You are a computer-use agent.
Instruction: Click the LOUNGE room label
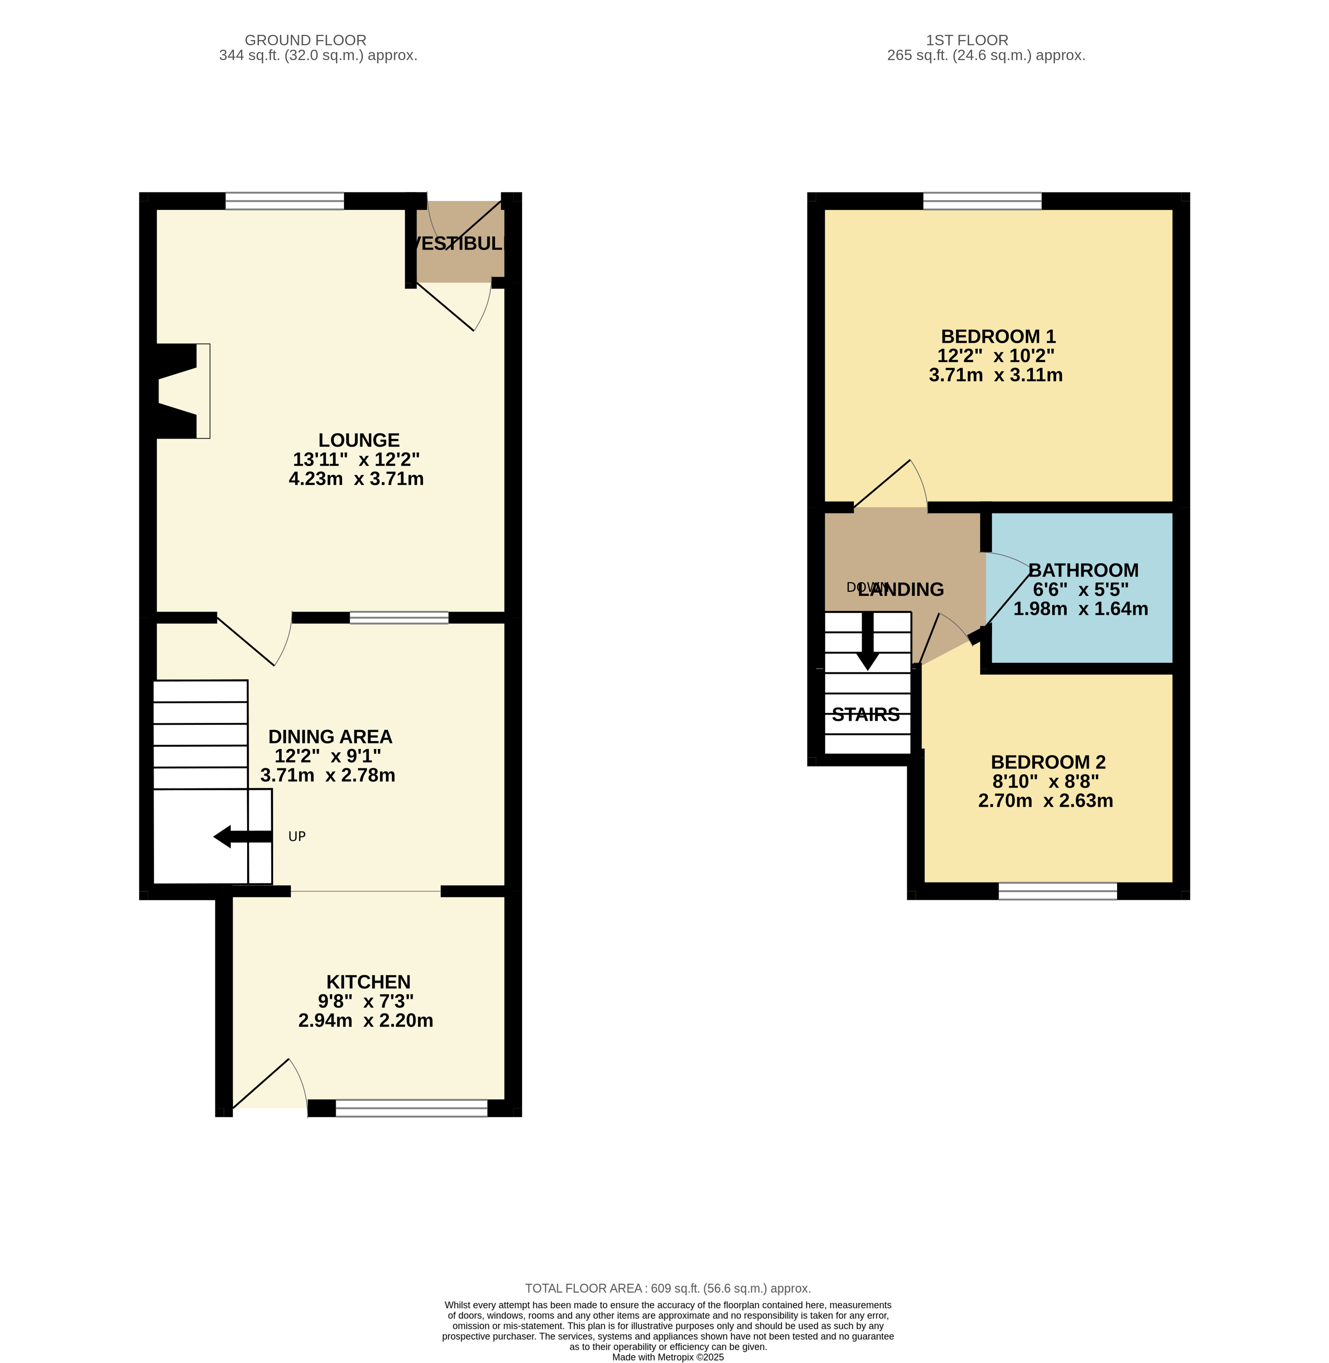[x=359, y=440]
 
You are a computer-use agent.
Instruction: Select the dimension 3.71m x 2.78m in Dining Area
[x=327, y=775]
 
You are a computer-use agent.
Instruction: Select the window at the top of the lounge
[x=285, y=201]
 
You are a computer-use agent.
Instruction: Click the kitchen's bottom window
[x=412, y=1108]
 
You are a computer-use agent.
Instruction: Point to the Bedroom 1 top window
[x=982, y=201]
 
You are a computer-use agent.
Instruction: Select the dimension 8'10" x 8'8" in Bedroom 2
[x=1045, y=782]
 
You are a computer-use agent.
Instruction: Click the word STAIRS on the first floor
[x=866, y=715]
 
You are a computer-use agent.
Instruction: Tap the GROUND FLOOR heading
[x=305, y=40]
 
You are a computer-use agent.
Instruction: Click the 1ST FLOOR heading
[x=967, y=40]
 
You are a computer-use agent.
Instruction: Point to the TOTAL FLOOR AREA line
[x=667, y=1289]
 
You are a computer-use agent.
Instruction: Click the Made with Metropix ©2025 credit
[x=667, y=1357]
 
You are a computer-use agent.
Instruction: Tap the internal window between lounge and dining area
[x=399, y=618]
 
